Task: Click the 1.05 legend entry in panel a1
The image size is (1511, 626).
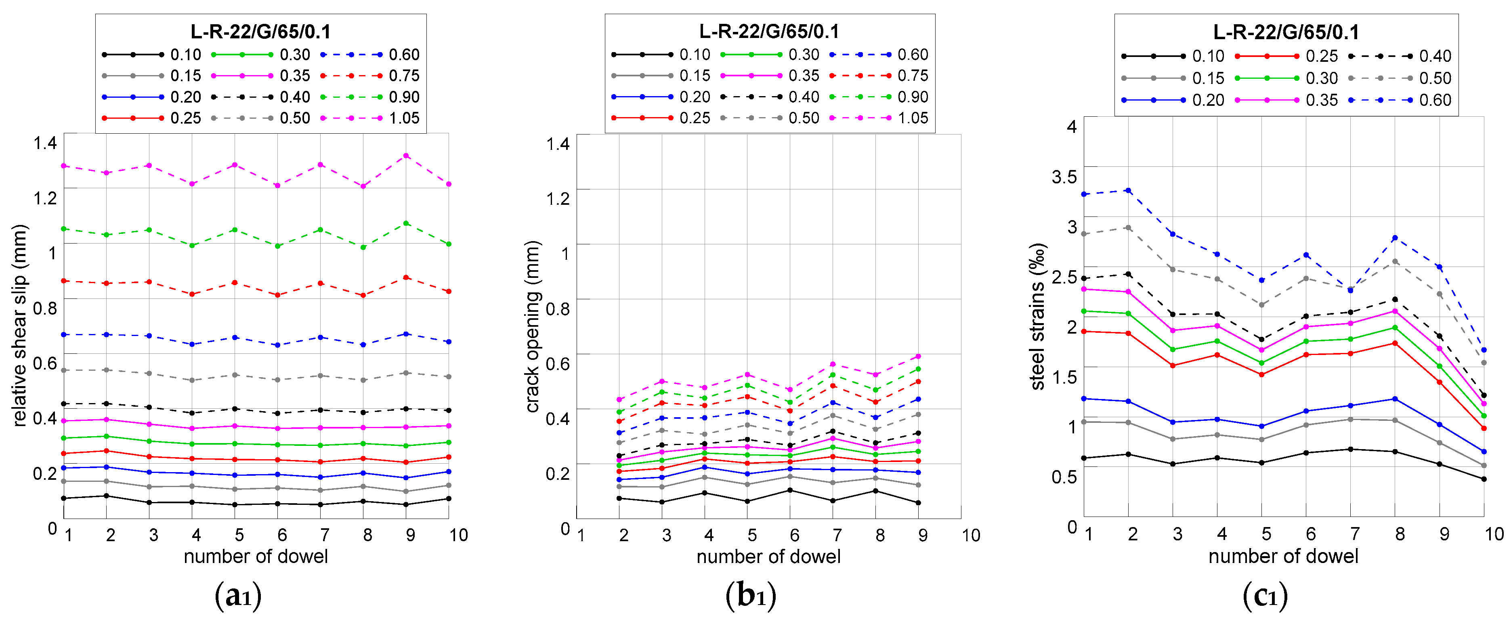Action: click(403, 118)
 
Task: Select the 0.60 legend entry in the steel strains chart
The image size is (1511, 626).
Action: click(1434, 100)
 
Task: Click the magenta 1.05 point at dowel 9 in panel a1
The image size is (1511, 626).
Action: click(406, 156)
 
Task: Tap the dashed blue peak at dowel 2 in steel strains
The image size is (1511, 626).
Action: click(1128, 191)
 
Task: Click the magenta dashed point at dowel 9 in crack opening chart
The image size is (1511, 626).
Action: click(918, 356)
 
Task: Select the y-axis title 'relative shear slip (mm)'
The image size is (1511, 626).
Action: click(19, 325)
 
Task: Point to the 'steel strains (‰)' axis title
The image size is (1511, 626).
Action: click(1038, 317)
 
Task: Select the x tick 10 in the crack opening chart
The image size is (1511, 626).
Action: click(971, 535)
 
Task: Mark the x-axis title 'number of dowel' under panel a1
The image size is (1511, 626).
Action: click(256, 556)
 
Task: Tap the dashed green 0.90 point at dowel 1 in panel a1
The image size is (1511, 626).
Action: click(64, 229)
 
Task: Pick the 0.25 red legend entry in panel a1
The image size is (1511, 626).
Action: click(185, 118)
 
